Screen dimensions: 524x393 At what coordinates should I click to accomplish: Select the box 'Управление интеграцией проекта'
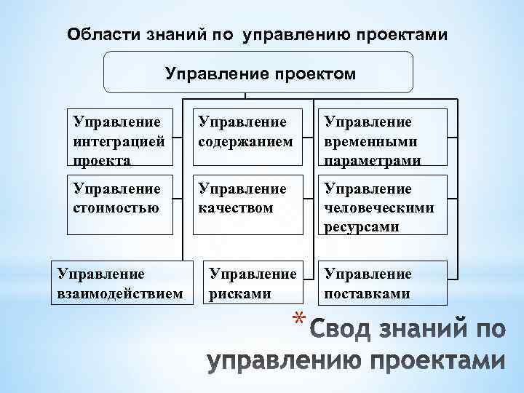pyautogui.click(x=119, y=139)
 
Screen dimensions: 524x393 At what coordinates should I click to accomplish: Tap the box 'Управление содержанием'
pyautogui.click(x=248, y=139)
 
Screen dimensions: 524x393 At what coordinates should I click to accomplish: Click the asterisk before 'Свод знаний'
pyautogui.click(x=297, y=319)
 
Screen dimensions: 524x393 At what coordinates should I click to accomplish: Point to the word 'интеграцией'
pyautogui.click(x=114, y=140)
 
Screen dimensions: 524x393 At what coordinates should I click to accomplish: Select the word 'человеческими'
pyautogui.click(x=379, y=208)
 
